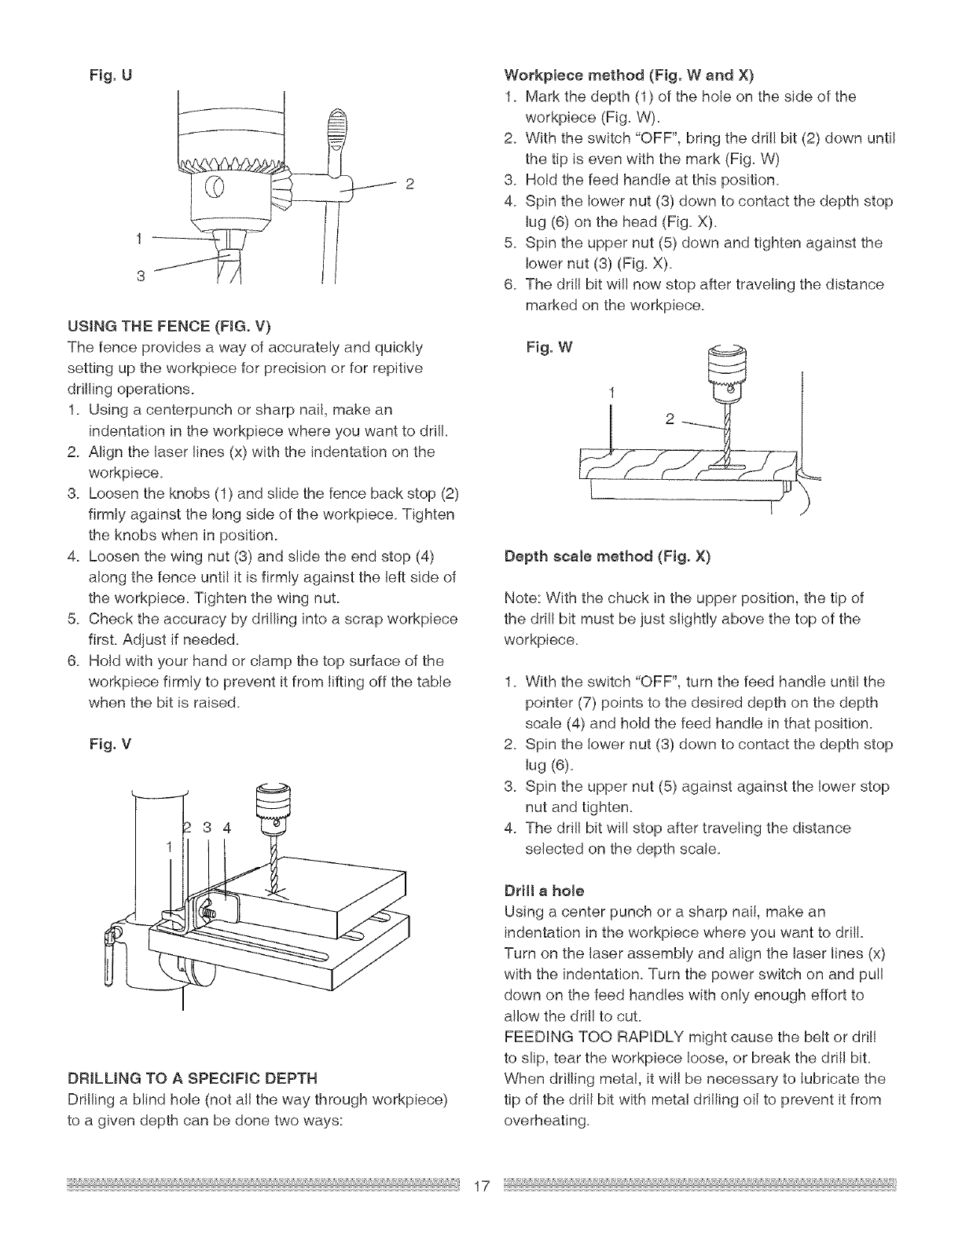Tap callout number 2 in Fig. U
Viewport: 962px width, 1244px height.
pyautogui.click(x=409, y=186)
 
